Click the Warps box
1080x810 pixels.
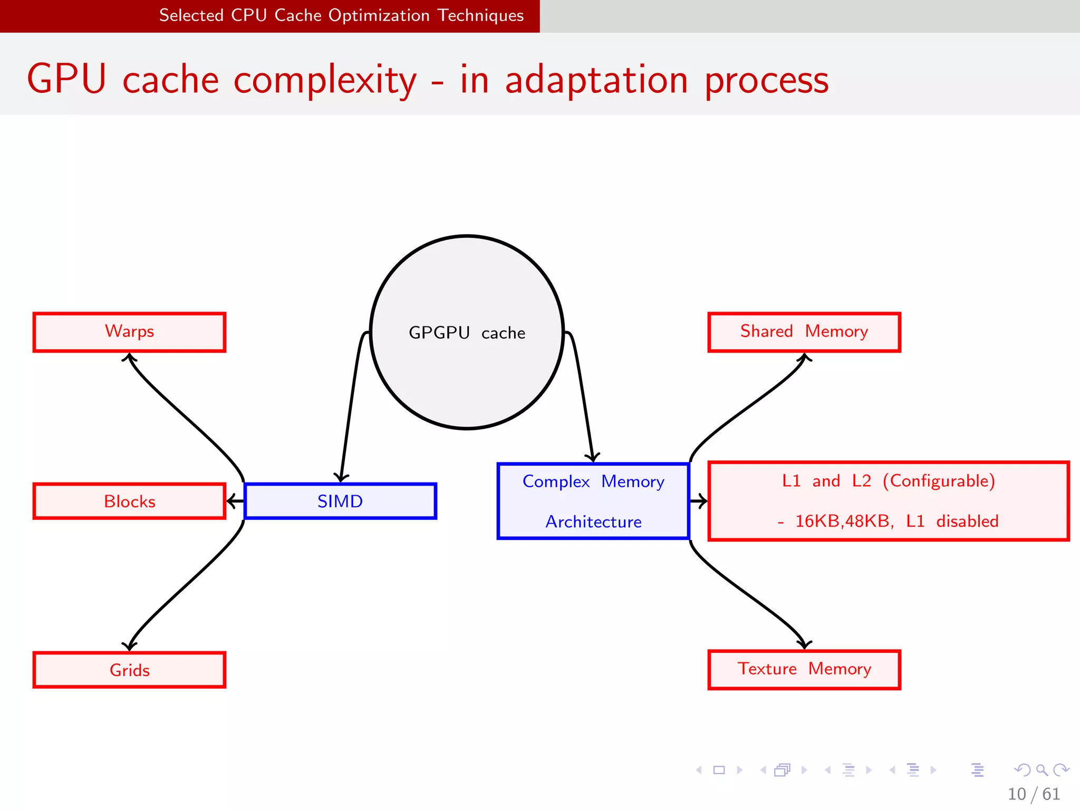(129, 332)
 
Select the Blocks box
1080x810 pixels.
(129, 501)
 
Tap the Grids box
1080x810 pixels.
(129, 670)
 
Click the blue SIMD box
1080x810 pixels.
(340, 501)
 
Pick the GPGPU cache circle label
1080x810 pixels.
(467, 333)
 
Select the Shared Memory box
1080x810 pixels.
(804, 332)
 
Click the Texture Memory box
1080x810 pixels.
(804, 669)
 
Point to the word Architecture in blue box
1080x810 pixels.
(593, 522)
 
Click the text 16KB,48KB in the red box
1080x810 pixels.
(844, 521)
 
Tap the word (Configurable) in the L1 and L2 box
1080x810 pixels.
(939, 481)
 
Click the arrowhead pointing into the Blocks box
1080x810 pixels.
(231, 500)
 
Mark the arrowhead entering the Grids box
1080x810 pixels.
(129, 646)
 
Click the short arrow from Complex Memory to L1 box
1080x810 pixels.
(699, 501)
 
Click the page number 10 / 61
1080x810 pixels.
(1033, 794)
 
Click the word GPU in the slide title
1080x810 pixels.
(67, 79)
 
